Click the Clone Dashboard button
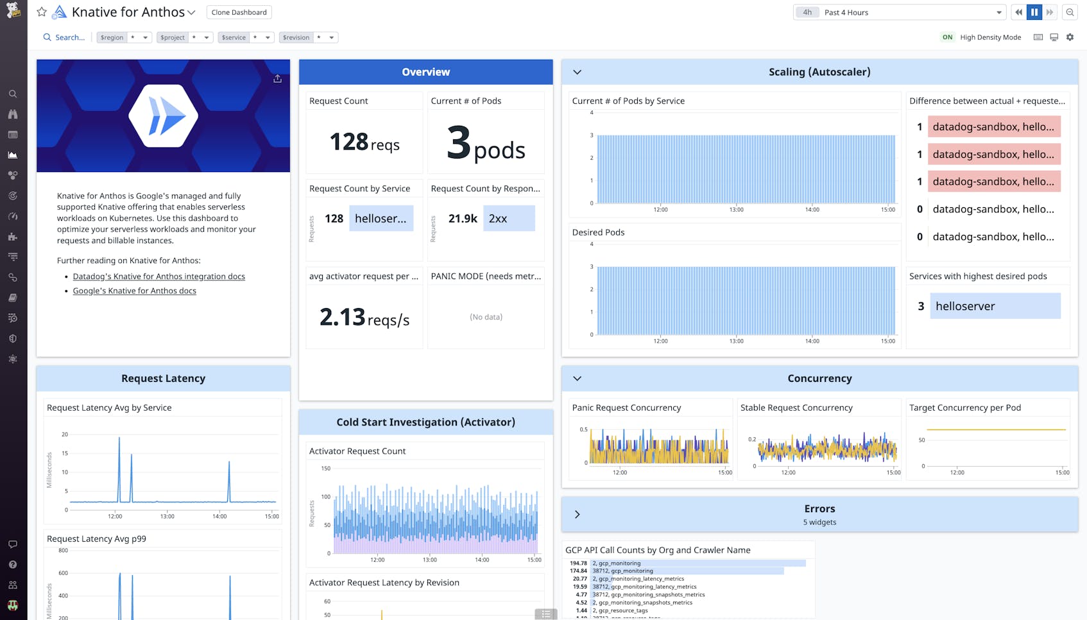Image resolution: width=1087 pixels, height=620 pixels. point(239,12)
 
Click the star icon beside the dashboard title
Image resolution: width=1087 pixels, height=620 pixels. point(42,12)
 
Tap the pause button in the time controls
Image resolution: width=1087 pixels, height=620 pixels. point(1034,12)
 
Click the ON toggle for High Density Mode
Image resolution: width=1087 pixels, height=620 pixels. point(947,37)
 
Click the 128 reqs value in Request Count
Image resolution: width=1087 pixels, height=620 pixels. point(364,142)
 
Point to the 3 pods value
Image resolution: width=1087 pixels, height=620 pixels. point(485,144)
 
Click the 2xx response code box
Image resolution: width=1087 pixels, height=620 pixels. point(508,218)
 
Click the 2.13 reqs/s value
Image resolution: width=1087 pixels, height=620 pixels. point(364,318)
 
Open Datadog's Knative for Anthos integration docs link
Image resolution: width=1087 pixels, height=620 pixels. point(158,276)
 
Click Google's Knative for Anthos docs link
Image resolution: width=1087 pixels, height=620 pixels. point(134,291)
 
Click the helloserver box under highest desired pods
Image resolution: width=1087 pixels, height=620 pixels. point(995,306)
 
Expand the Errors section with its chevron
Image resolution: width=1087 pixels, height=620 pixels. point(577,514)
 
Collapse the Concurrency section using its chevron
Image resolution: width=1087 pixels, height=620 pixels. point(577,379)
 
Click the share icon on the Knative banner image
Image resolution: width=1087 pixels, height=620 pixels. point(277,78)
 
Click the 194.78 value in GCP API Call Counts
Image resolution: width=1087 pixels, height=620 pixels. point(578,563)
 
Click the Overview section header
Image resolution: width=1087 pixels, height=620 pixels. point(425,72)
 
